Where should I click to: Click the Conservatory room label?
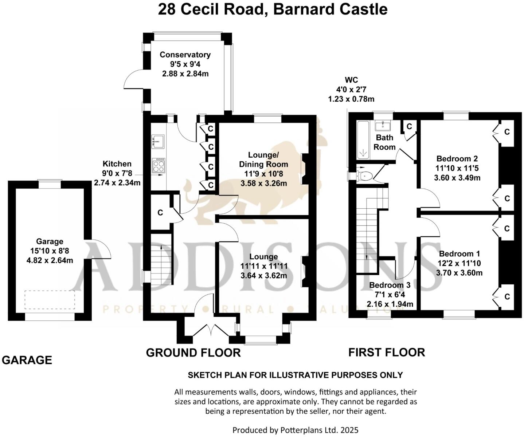point(185,55)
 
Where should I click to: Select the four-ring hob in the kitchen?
point(159,166)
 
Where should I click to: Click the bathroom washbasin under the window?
point(383,126)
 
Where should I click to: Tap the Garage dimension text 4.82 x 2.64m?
point(50,260)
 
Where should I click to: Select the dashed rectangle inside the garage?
point(50,300)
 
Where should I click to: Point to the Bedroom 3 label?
point(390,285)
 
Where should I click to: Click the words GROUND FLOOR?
point(193,353)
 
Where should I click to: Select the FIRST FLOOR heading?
point(387,352)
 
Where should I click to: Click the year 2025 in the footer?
point(349,430)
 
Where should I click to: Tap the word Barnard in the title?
point(304,9)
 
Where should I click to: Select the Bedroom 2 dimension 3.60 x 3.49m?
point(457,178)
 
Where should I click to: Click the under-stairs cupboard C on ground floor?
point(160,213)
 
